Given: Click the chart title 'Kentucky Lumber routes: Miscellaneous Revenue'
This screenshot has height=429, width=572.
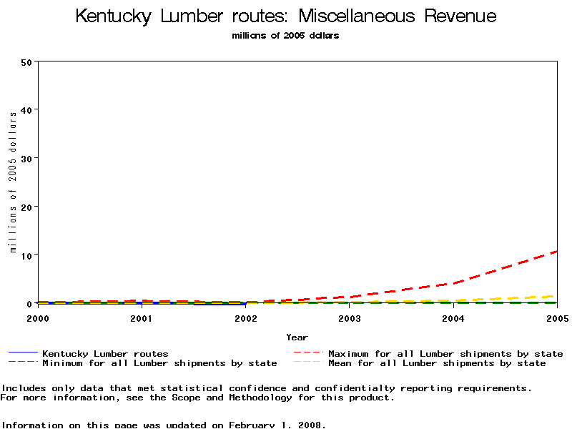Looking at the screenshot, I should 285,16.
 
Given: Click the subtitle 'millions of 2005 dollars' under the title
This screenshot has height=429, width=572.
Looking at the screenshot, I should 285,36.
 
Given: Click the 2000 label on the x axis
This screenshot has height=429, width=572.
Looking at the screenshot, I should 38,317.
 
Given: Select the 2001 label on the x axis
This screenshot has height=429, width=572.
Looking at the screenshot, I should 142,317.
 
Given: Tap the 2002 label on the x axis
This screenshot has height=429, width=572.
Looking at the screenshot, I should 245,317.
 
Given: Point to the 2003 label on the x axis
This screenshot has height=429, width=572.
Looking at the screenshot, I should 350,317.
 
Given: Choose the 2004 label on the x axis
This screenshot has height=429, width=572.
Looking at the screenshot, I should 453,317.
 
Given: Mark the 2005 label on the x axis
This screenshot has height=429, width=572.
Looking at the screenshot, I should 556,317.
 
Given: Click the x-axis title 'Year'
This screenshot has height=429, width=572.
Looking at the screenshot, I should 297,337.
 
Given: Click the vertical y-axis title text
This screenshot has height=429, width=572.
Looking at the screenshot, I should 13,182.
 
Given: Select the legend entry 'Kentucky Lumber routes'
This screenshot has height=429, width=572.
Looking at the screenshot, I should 105,353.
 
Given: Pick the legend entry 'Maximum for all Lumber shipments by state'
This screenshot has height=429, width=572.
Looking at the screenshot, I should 445,353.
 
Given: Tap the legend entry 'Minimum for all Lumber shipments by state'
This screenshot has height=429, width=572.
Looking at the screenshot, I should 159,363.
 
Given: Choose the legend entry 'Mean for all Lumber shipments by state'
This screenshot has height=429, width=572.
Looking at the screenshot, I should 436,363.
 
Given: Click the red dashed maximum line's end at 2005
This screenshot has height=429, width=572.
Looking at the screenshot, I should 556,252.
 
